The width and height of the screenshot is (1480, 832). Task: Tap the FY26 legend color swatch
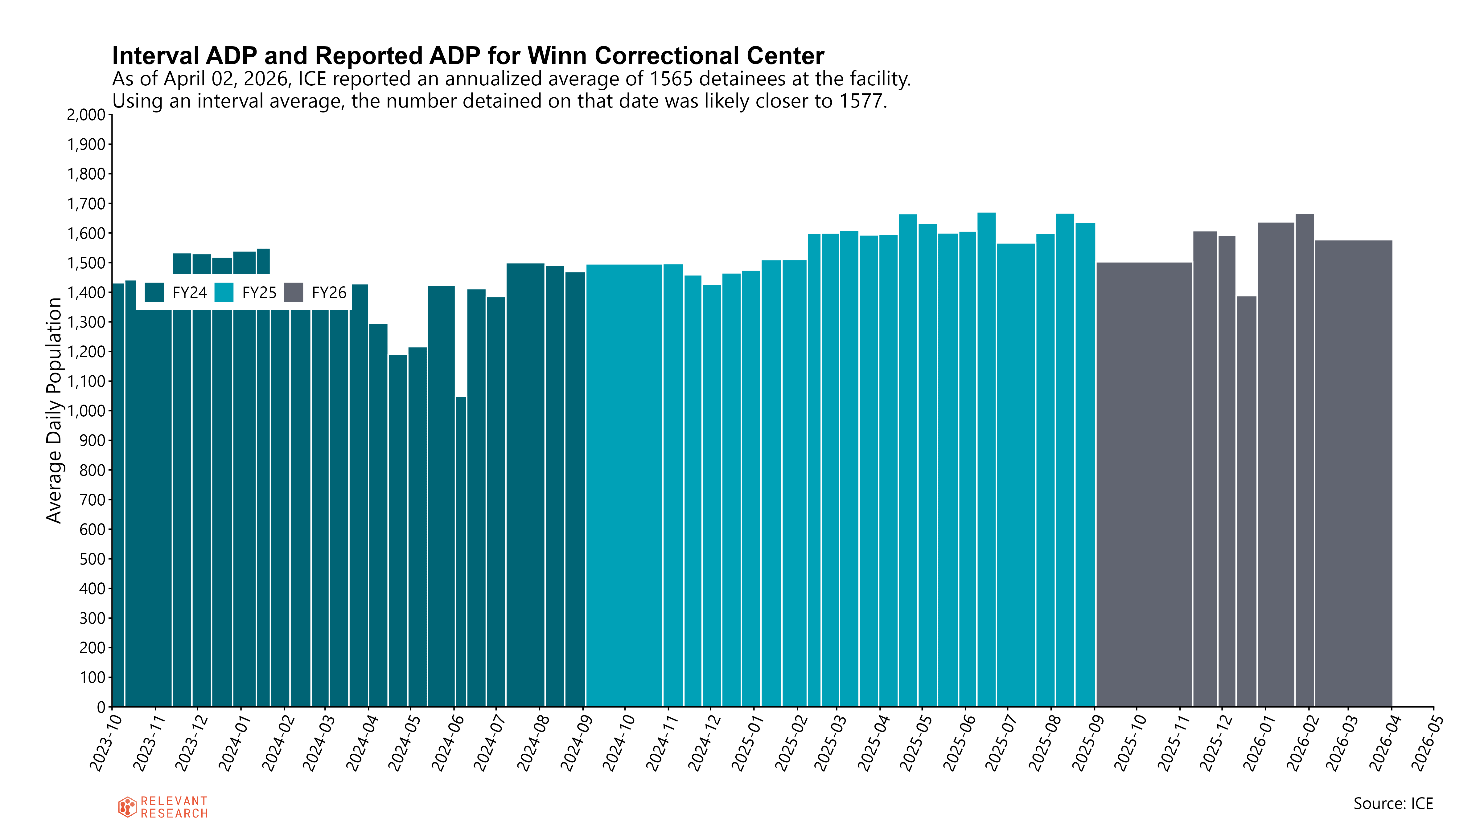pos(294,292)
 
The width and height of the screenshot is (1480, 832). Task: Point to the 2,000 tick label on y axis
pos(86,115)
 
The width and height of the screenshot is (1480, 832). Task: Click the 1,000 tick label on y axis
pos(86,411)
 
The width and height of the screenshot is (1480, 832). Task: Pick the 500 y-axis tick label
pos(92,559)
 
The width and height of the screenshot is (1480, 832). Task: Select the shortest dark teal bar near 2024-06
pos(461,552)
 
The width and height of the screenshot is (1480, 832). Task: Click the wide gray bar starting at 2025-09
pos(1144,485)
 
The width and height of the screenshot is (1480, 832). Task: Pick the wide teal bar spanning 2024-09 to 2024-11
pos(624,486)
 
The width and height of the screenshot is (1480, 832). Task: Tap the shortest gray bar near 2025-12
pos(1246,501)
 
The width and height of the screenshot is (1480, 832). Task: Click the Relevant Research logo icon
pos(127,807)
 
